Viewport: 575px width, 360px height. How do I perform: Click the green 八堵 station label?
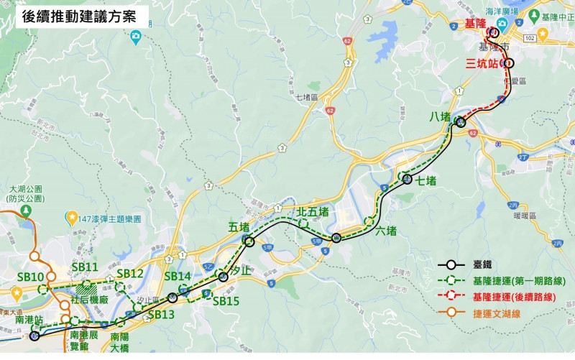[x=441, y=116]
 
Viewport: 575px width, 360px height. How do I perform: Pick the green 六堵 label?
[x=385, y=231]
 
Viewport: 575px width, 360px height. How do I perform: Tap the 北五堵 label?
[x=313, y=211]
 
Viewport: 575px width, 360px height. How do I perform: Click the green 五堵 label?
[x=239, y=227]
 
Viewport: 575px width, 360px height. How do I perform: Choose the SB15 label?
[x=226, y=301]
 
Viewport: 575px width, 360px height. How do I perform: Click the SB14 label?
[x=178, y=277]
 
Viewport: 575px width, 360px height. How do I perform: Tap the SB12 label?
[x=130, y=273]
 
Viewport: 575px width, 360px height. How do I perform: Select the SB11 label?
[x=84, y=267]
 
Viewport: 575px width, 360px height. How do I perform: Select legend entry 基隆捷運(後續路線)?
[x=519, y=296]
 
